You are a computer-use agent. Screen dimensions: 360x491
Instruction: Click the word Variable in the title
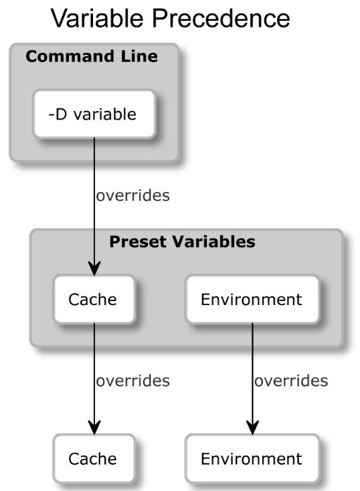tap(97, 18)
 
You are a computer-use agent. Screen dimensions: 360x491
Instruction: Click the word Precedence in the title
tap(221, 18)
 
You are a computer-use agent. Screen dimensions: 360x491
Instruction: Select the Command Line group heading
tap(92, 56)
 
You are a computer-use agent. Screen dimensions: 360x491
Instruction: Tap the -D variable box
tap(94, 114)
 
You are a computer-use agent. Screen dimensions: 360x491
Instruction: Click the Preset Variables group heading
tap(182, 241)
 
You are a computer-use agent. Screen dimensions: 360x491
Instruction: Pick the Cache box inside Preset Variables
tap(94, 300)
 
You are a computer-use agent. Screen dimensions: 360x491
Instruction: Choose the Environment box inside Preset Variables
tap(252, 300)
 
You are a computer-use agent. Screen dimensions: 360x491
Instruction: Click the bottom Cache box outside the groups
tap(94, 458)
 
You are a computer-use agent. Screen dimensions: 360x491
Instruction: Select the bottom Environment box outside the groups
tap(252, 458)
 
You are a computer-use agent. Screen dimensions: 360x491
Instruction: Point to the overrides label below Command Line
tap(133, 196)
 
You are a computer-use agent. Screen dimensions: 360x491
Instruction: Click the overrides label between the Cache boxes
tap(133, 381)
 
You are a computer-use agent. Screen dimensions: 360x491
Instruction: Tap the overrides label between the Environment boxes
tap(291, 381)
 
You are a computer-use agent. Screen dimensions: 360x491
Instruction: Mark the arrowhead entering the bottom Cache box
tap(94, 427)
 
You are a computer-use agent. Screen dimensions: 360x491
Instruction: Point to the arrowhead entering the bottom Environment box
tap(252, 427)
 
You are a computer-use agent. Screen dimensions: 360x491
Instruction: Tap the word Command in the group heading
tap(70, 56)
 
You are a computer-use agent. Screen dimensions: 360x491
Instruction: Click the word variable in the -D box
tap(105, 114)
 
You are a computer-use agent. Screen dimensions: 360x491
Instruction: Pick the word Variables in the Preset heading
tap(213, 241)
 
